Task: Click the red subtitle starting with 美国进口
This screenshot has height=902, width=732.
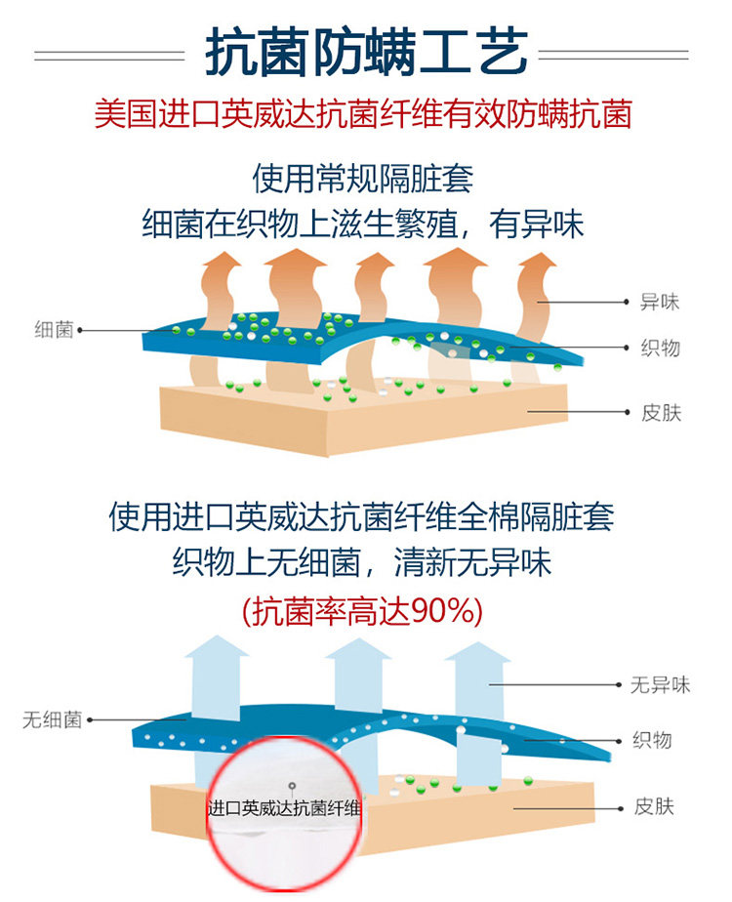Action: point(363,114)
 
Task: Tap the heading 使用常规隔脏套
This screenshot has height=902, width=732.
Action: point(363,180)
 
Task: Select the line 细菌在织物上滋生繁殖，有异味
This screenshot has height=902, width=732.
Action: point(363,225)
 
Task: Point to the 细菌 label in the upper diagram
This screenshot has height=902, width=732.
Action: point(54,330)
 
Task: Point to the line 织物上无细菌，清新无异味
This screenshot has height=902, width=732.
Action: point(363,563)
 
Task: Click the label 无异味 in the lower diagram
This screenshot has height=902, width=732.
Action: point(660,685)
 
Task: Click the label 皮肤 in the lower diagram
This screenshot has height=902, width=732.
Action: point(653,807)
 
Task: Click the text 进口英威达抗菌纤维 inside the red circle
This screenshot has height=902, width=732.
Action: point(285,808)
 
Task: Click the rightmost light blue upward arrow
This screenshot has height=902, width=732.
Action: point(477,683)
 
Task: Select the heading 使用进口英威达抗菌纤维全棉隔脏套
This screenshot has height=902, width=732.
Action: point(363,516)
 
